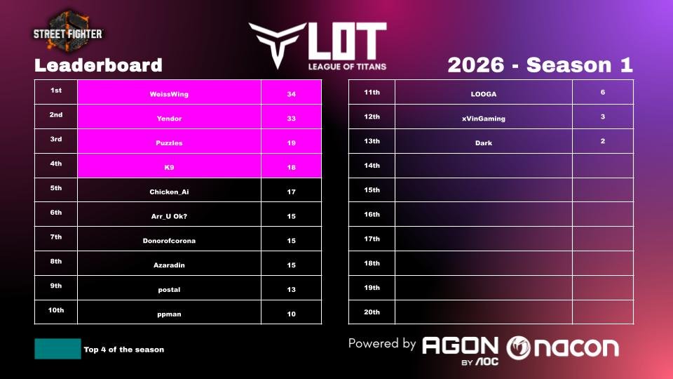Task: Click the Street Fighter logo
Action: tap(68, 32)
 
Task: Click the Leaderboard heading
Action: tap(98, 66)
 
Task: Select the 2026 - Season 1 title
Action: tap(540, 65)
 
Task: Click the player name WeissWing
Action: tap(169, 94)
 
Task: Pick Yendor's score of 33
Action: tap(291, 119)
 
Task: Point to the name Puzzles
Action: tap(169, 143)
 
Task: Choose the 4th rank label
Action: tap(56, 164)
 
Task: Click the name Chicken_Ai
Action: tap(169, 192)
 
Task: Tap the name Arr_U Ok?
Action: tap(169, 216)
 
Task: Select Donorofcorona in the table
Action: tap(169, 241)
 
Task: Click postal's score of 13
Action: tap(291, 289)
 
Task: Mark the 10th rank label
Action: tap(56, 310)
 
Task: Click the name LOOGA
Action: tap(483, 94)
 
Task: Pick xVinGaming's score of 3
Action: tap(603, 117)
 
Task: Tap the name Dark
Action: tap(483, 143)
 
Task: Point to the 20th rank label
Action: tap(372, 312)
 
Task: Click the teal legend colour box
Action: tap(57, 349)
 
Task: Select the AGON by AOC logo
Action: tap(460, 348)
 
